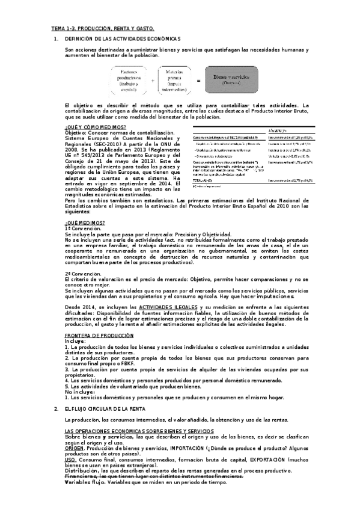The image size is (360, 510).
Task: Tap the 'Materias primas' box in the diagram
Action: tap(174, 80)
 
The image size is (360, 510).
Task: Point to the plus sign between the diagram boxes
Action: tap(152, 80)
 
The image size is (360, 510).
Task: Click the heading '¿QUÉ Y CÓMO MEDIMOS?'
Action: tap(94, 127)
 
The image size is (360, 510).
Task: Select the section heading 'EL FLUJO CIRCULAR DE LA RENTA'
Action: tap(103, 408)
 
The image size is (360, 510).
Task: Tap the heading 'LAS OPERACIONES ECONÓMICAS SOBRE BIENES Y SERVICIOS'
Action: tap(139, 431)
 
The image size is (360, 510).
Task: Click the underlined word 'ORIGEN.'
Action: tap(75, 447)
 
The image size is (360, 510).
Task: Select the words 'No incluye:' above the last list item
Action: tap(79, 392)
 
